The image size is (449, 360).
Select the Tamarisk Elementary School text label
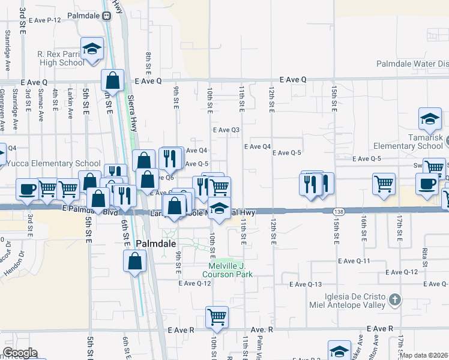[x=408, y=146]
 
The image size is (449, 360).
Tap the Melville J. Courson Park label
[x=231, y=270]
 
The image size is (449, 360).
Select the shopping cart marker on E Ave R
[x=217, y=316]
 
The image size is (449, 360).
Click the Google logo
[x=20, y=353]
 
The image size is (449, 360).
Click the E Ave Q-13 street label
[x=306, y=284]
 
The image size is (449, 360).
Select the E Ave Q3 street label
[x=226, y=130]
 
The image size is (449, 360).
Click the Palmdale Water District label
[x=412, y=64]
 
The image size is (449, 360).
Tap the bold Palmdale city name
[x=155, y=244]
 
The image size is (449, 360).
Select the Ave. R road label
[x=262, y=329]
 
